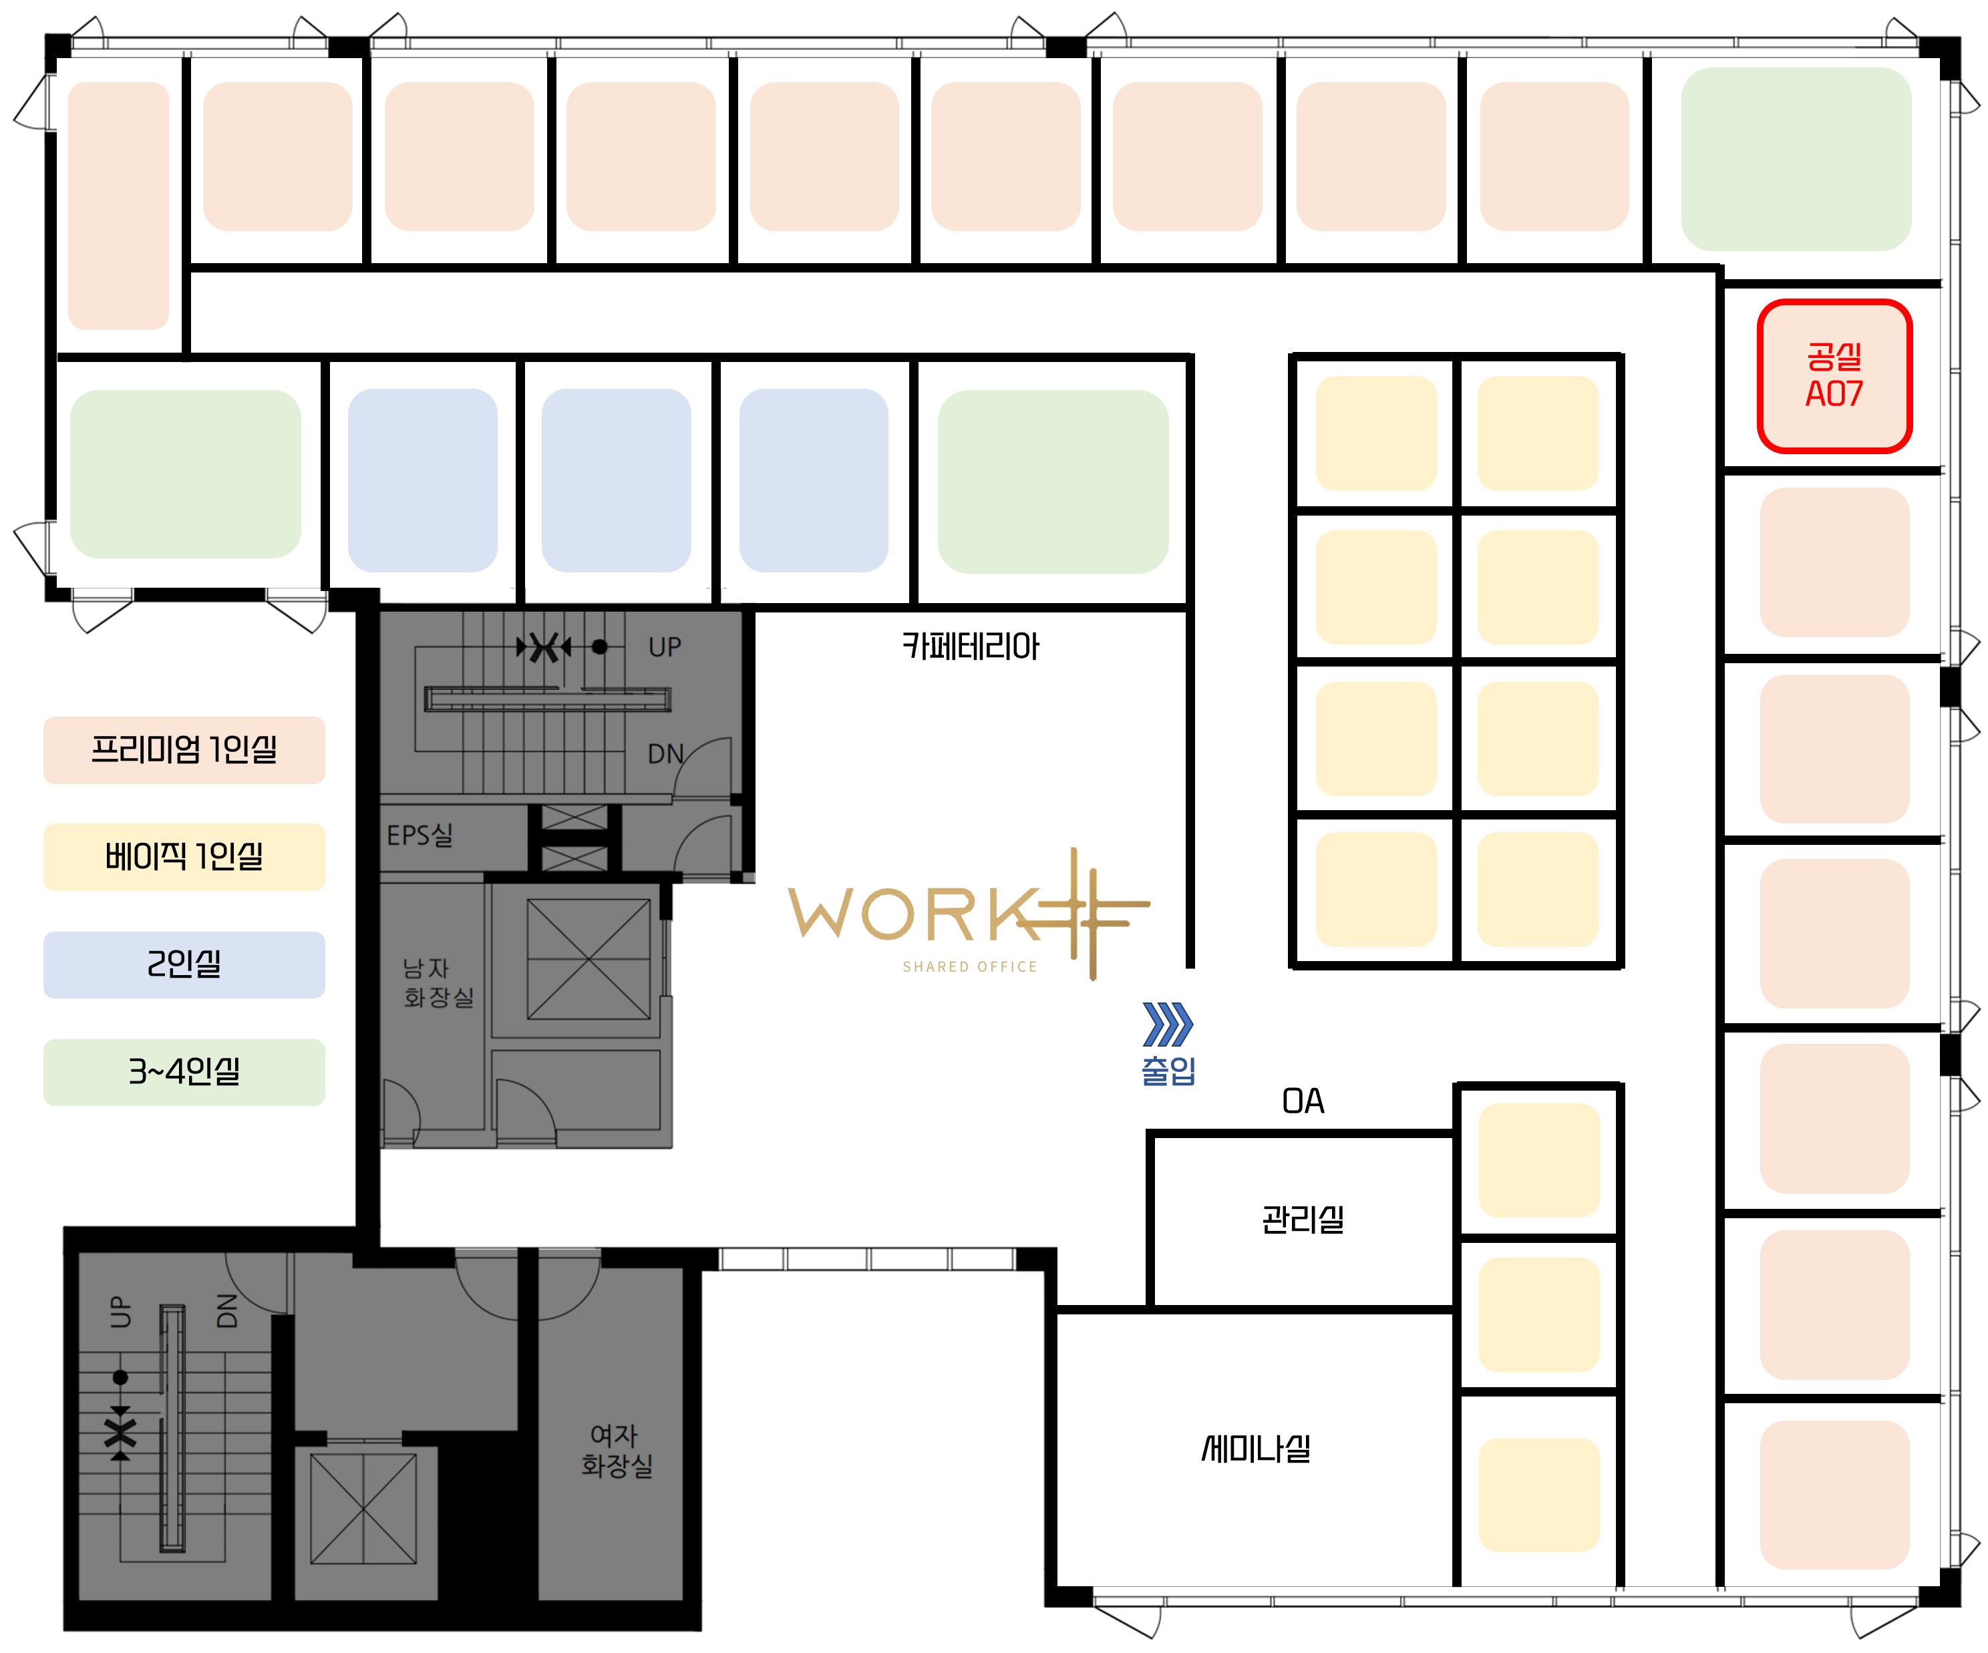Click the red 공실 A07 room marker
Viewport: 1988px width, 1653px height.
[x=1834, y=376]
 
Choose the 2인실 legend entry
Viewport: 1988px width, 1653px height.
[x=184, y=964]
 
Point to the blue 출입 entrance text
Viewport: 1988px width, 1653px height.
[x=1168, y=1070]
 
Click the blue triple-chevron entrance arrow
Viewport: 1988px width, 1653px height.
[x=1167, y=1023]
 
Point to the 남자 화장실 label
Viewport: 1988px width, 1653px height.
[x=438, y=982]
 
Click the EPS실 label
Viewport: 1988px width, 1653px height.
[x=420, y=835]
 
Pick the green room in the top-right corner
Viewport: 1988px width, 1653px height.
[x=1795, y=159]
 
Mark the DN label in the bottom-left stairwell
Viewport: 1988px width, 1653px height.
[x=227, y=1310]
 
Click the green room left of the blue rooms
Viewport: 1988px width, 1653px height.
[x=186, y=474]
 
